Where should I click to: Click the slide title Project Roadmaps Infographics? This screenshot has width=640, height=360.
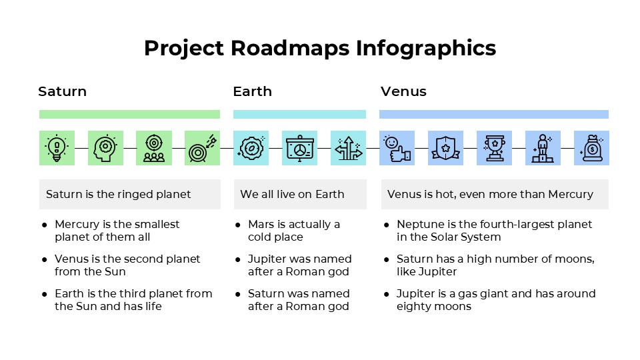coord(320,49)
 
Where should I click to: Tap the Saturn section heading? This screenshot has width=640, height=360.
coord(62,91)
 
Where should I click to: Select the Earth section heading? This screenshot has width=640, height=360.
coord(252,91)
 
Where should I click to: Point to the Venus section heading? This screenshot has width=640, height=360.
coord(403,91)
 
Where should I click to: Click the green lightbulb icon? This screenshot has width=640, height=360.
coord(57,148)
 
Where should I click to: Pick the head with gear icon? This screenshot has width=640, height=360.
coord(105,148)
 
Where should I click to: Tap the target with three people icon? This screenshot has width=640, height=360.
coord(154,148)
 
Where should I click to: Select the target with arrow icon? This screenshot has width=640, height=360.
coord(202,148)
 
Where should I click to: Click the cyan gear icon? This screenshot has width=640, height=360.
coord(251,148)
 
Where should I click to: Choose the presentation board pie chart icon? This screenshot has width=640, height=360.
coord(299,148)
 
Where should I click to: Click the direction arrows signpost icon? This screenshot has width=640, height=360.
coord(348,148)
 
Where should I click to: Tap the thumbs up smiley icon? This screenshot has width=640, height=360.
coord(397,148)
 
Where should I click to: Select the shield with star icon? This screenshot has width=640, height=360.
coord(445,148)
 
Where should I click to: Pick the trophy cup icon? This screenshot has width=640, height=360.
coord(494,148)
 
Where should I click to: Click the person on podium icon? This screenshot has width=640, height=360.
coord(543,148)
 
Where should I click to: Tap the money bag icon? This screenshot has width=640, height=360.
coord(591,148)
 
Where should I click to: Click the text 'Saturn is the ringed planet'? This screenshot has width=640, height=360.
coord(118,195)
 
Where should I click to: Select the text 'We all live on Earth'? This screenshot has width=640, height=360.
coord(292,195)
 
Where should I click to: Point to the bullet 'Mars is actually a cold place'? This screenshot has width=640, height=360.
coord(293,231)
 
